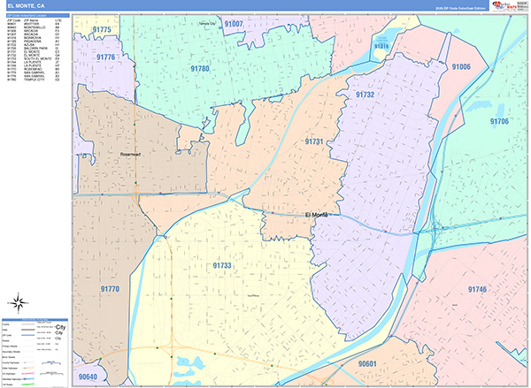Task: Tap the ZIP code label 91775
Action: click(x=102, y=30)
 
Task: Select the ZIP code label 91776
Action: click(x=106, y=57)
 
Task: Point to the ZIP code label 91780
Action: click(x=199, y=69)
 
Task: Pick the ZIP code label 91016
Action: click(x=382, y=45)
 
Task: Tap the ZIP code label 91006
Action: click(x=461, y=66)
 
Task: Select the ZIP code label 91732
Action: click(x=365, y=94)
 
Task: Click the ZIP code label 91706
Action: click(x=500, y=121)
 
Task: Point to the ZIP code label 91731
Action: click(x=314, y=141)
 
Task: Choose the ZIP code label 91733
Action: click(x=222, y=265)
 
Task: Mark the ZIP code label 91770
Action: click(x=110, y=289)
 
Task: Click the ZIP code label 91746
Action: click(x=478, y=289)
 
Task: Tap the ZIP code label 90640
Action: click(x=88, y=377)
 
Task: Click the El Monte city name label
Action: click(x=319, y=215)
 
